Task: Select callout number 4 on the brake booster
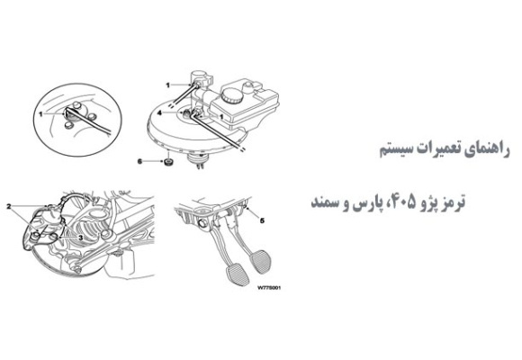point(160,114)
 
